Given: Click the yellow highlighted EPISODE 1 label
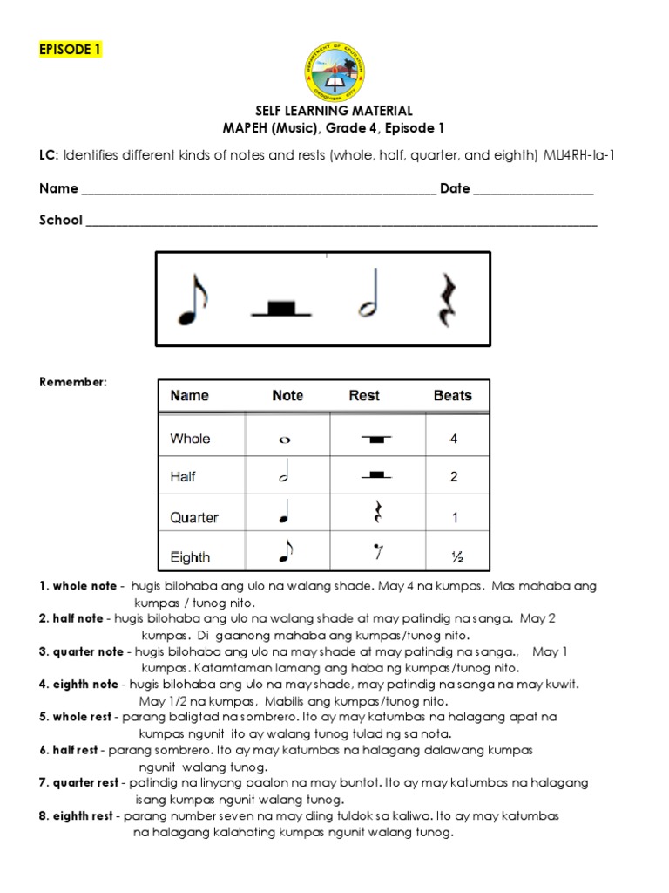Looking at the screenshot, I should point(70,50).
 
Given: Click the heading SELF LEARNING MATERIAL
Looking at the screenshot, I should point(334,111).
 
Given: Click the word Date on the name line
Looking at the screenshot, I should point(455,188).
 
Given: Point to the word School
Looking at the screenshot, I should point(61,220).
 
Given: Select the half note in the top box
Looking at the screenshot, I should point(368,298).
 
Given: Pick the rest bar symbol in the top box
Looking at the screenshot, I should point(280,307).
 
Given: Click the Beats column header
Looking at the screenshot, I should point(452,396).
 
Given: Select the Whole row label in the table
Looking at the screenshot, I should point(190,439).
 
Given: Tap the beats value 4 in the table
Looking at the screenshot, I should point(453,439).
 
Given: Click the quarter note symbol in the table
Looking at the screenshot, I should point(284,516).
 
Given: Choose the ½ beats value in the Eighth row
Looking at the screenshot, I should point(453,556).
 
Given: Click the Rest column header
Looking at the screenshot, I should point(364,396).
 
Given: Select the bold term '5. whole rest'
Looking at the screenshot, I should point(76,716).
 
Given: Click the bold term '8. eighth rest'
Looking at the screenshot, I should point(78,817).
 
